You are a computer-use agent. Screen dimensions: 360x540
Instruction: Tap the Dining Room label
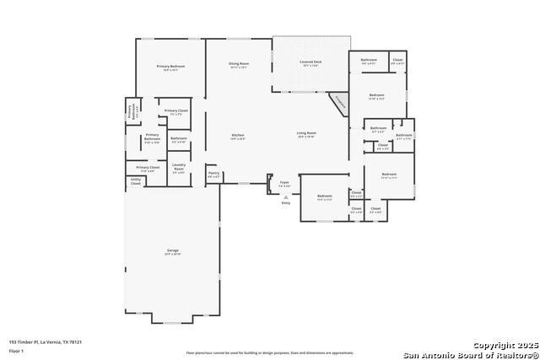tap(239, 64)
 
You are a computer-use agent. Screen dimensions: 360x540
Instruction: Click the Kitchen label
tap(238, 136)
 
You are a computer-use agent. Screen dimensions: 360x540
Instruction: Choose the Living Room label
tap(305, 134)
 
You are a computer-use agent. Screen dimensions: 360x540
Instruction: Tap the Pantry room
tap(213, 174)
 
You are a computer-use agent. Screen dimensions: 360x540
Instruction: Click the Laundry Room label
tap(178, 169)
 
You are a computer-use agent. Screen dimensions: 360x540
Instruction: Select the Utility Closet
tap(135, 180)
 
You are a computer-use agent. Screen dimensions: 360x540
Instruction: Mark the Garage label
tap(172, 251)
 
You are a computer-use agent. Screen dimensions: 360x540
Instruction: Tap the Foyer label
tap(284, 183)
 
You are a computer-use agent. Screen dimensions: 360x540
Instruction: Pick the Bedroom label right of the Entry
tap(324, 197)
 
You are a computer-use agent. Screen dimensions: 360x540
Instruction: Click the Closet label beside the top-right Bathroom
tap(397, 61)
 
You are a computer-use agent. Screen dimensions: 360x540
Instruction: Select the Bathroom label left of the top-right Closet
tap(369, 61)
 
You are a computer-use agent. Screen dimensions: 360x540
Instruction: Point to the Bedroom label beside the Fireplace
tap(376, 96)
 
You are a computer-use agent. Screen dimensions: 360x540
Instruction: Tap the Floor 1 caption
tap(17, 352)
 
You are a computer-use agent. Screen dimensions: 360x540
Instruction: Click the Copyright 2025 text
tap(504, 346)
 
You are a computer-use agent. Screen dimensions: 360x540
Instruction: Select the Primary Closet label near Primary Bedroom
tap(176, 111)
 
